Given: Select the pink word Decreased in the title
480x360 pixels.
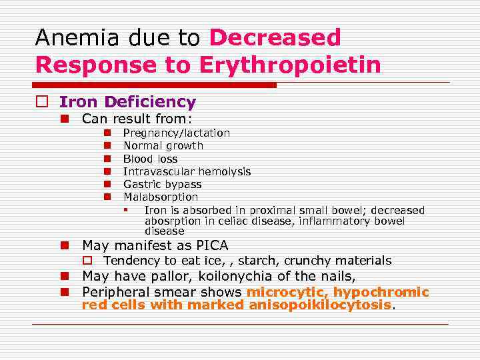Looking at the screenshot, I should [x=275, y=37].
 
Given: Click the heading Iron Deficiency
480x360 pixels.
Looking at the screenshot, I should [x=127, y=102].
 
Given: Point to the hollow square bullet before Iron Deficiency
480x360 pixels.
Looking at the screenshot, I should [x=41, y=103].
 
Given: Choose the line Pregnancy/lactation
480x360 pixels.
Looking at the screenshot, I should [x=177, y=133].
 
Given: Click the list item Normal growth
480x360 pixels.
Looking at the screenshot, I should [x=163, y=145].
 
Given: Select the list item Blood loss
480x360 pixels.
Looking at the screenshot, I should [x=151, y=159].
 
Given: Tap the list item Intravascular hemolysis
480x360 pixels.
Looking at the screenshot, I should [x=187, y=171].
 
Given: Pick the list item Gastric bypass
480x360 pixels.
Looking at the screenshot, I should [x=162, y=184].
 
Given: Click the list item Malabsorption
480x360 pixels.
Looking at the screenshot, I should [x=161, y=197].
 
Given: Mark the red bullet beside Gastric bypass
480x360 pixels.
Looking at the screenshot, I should [x=106, y=184].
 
